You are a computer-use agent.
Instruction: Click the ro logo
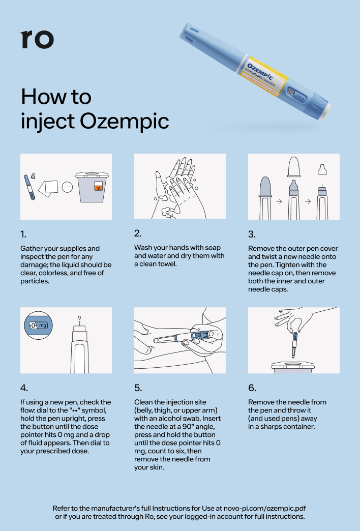tap(37, 39)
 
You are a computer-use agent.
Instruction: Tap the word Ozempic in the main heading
tap(124, 121)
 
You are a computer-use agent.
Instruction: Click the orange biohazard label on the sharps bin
tap(98, 186)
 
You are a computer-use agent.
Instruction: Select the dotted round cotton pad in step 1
tap(68, 187)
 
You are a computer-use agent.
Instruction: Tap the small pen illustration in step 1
tap(29, 187)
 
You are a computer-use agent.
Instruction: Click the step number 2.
tap(137, 233)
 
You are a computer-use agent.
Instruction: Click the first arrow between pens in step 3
tap(279, 201)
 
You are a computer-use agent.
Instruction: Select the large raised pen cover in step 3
tap(294, 166)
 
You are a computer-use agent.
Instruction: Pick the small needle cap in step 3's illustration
tap(322, 169)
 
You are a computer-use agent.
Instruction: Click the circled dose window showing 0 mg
tap(39, 326)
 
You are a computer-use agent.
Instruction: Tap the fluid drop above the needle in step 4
tap(80, 318)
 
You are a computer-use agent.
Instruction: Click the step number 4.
tap(24, 388)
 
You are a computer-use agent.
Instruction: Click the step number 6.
tap(252, 388)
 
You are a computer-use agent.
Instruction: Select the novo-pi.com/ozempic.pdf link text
tap(265, 508)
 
